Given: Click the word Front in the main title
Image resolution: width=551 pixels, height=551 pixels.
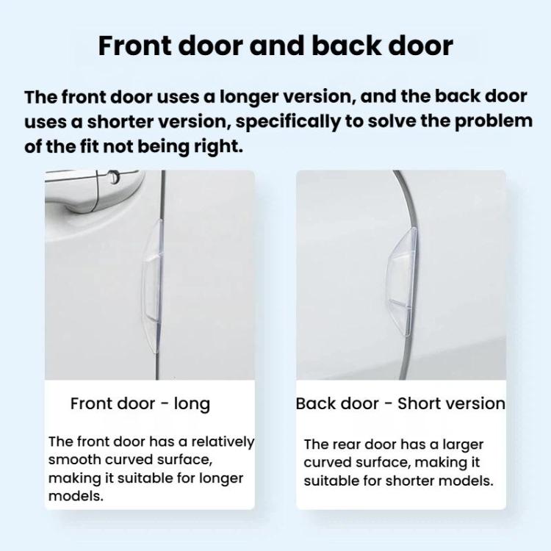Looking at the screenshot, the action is tap(135, 46).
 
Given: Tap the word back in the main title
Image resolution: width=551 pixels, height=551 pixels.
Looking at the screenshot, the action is tap(346, 46).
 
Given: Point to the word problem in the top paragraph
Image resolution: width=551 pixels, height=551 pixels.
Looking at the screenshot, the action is tap(494, 121).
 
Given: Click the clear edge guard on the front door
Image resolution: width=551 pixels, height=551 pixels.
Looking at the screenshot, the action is tap(152, 284).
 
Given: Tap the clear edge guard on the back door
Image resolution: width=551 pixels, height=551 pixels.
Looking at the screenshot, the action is tap(403, 281).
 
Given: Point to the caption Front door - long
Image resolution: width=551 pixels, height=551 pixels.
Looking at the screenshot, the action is tap(140, 403).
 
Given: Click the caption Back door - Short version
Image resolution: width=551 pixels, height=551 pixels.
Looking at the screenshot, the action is tap(400, 403).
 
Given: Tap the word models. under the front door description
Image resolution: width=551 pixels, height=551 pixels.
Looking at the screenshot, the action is tap(76, 496).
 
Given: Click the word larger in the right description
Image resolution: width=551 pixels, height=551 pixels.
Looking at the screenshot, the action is tap(463, 446).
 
